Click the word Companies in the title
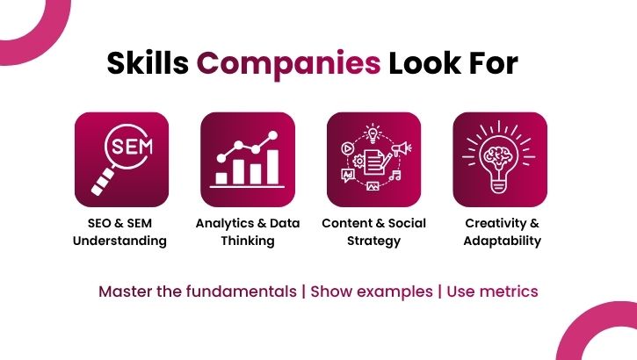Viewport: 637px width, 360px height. tap(288, 63)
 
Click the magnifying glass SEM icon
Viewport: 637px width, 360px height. tap(121, 159)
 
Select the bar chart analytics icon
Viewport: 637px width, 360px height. tap(248, 159)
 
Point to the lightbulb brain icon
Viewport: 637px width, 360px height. tap(500, 159)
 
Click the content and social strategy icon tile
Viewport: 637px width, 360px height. tap(373, 159)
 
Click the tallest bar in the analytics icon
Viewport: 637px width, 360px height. tap(272, 166)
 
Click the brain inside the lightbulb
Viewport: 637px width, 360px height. tap(500, 150)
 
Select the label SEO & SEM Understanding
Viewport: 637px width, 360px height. tap(121, 232)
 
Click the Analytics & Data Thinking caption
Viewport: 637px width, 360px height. tap(248, 232)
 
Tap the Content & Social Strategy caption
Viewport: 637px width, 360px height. tap(373, 232)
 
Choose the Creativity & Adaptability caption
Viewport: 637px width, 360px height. tap(502, 232)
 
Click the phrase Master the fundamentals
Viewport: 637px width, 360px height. tap(198, 291)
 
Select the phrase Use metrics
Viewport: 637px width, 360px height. tap(492, 291)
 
